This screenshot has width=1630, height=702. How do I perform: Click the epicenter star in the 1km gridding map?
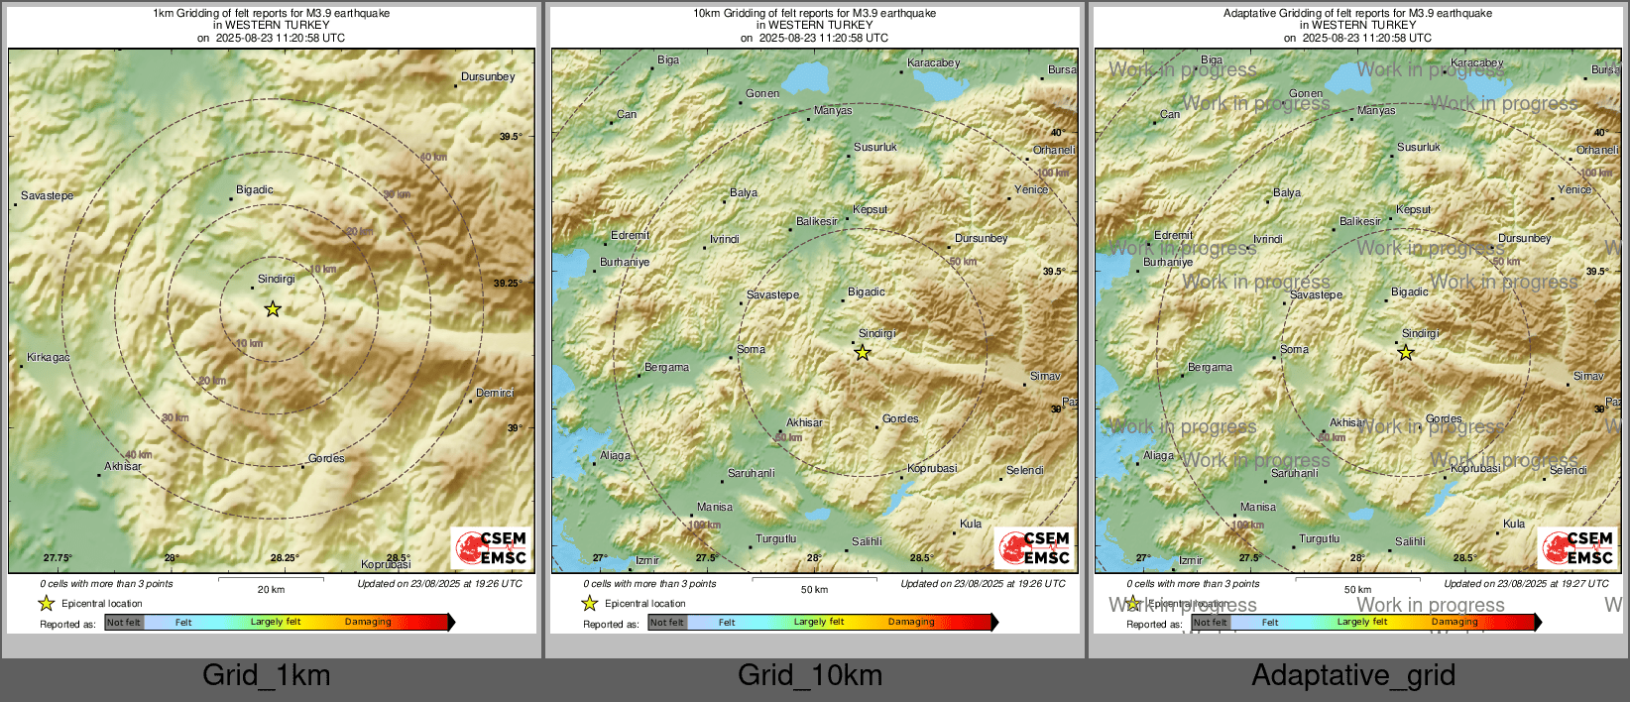(x=273, y=309)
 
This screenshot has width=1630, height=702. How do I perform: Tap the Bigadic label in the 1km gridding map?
(x=255, y=189)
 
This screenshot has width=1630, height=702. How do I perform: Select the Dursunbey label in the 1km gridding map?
(x=488, y=76)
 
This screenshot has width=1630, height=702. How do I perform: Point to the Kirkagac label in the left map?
(x=49, y=357)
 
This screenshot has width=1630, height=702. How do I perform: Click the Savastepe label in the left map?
(x=47, y=195)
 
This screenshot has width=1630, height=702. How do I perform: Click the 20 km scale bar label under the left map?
(x=271, y=590)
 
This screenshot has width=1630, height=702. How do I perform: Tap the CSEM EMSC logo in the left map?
(x=492, y=548)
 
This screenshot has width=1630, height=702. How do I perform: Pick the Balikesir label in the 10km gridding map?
(x=817, y=221)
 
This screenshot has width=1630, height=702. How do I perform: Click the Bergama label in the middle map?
(x=666, y=367)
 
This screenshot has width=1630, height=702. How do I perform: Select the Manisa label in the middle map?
(x=714, y=507)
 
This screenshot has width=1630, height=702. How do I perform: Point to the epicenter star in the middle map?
(x=863, y=352)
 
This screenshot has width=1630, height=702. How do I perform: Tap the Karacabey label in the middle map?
(x=934, y=62)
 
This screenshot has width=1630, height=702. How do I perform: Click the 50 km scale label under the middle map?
(x=814, y=590)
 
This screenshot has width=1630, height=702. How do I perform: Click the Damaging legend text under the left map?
(x=368, y=622)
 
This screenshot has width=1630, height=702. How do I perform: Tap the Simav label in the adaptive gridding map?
(x=1588, y=376)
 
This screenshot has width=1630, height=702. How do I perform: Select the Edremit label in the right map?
(x=1174, y=235)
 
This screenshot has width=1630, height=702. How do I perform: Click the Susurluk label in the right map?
(x=1419, y=147)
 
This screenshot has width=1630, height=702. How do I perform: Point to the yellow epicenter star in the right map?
(x=1406, y=352)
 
